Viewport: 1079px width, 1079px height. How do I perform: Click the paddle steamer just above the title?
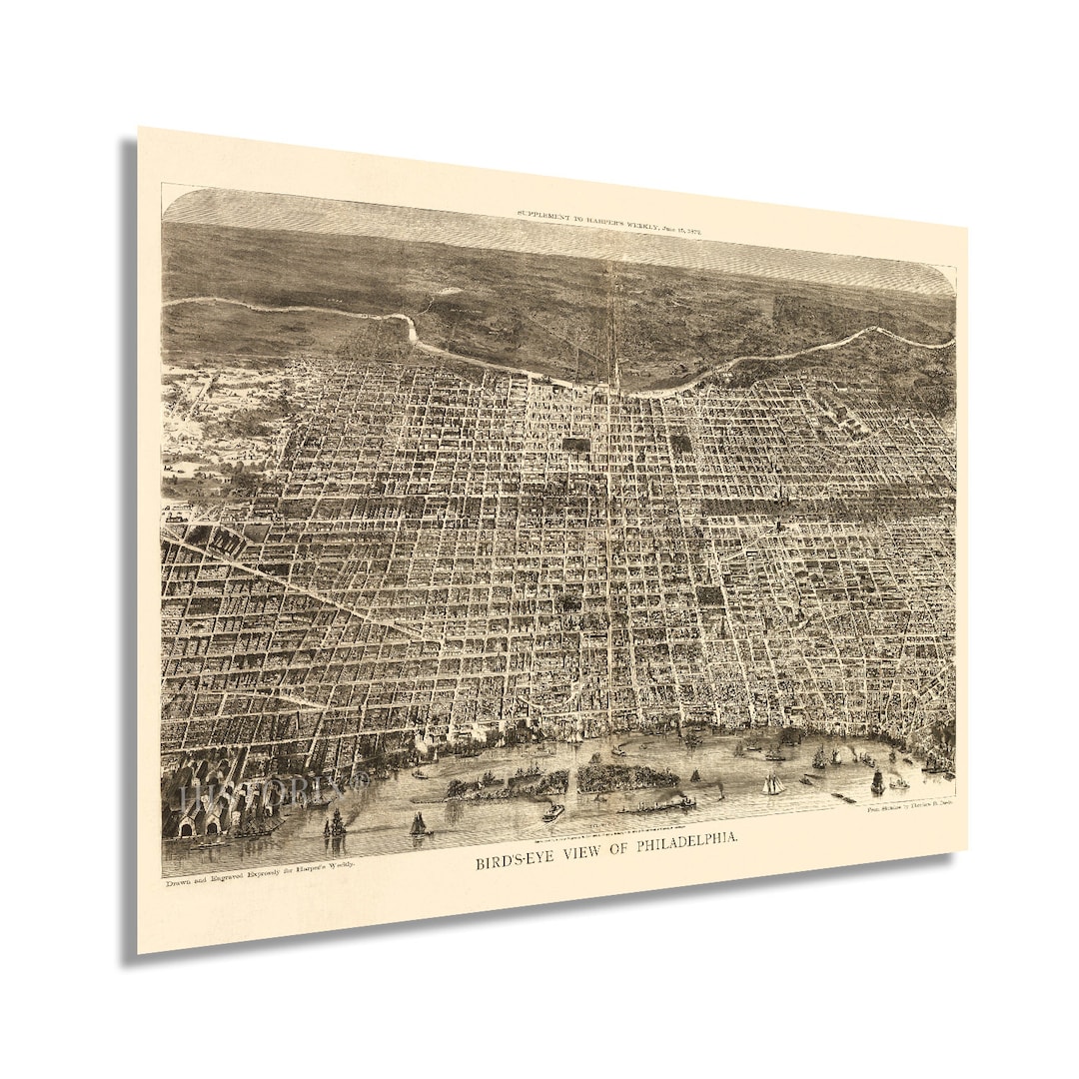[552, 812]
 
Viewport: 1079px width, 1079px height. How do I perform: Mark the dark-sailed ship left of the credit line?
[877, 781]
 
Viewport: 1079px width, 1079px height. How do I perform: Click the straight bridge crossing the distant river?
[613, 330]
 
